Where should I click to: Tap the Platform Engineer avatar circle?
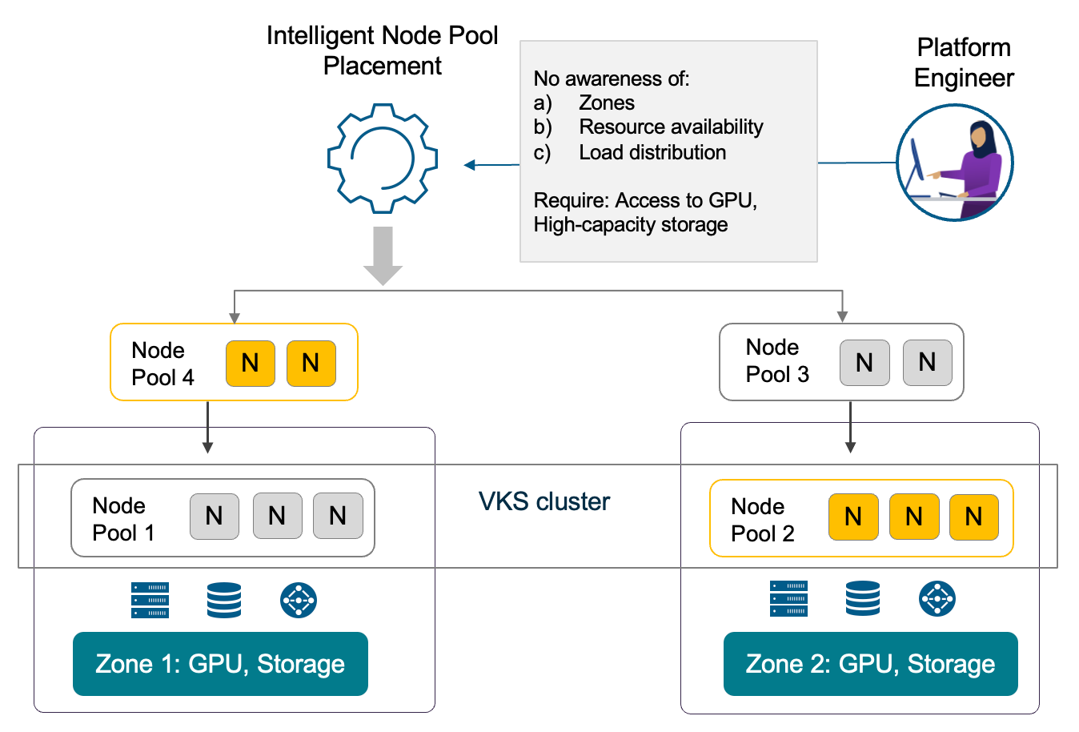point(955,163)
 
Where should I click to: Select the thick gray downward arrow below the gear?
point(383,255)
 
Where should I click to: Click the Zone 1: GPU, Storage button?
point(220,664)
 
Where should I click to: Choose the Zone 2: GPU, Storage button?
point(870,664)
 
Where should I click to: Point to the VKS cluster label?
point(544,501)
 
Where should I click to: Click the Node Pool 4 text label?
point(162,364)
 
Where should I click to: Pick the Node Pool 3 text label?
point(777,360)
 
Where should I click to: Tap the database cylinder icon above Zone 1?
point(224,600)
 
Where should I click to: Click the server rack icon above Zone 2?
point(788,598)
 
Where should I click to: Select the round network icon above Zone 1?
point(299,600)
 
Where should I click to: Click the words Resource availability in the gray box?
point(671,127)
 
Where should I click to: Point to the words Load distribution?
point(652,152)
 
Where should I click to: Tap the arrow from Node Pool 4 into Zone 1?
point(207,428)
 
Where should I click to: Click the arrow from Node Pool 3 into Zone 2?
point(851,428)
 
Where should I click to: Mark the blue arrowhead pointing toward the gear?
point(470,165)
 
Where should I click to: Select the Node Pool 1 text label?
point(123,519)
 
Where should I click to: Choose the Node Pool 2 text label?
point(763,520)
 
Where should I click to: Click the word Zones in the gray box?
point(607,103)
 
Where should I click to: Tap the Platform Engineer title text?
point(964,62)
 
